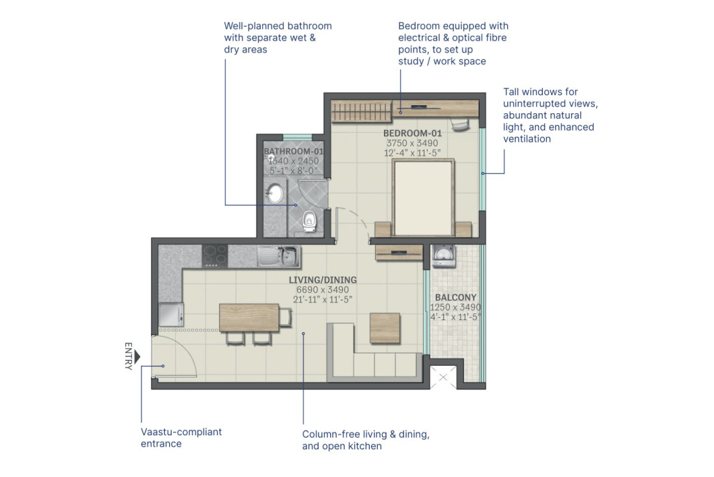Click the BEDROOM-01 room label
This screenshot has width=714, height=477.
pos(412,133)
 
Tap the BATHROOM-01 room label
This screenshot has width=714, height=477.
pos(294,152)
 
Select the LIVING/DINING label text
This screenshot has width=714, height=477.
pos(323,280)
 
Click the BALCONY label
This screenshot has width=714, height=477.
pos(455,297)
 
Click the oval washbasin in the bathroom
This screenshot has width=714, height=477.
pos(274,194)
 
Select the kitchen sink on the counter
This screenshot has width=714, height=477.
pos(278,255)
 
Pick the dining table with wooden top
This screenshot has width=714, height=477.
pos(249,317)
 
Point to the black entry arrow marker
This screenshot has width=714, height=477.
pos(137,356)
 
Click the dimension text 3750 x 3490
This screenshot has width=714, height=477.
pos(412,144)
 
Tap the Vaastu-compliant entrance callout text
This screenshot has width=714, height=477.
pos(181,438)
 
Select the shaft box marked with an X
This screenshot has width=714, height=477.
pos(443,378)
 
